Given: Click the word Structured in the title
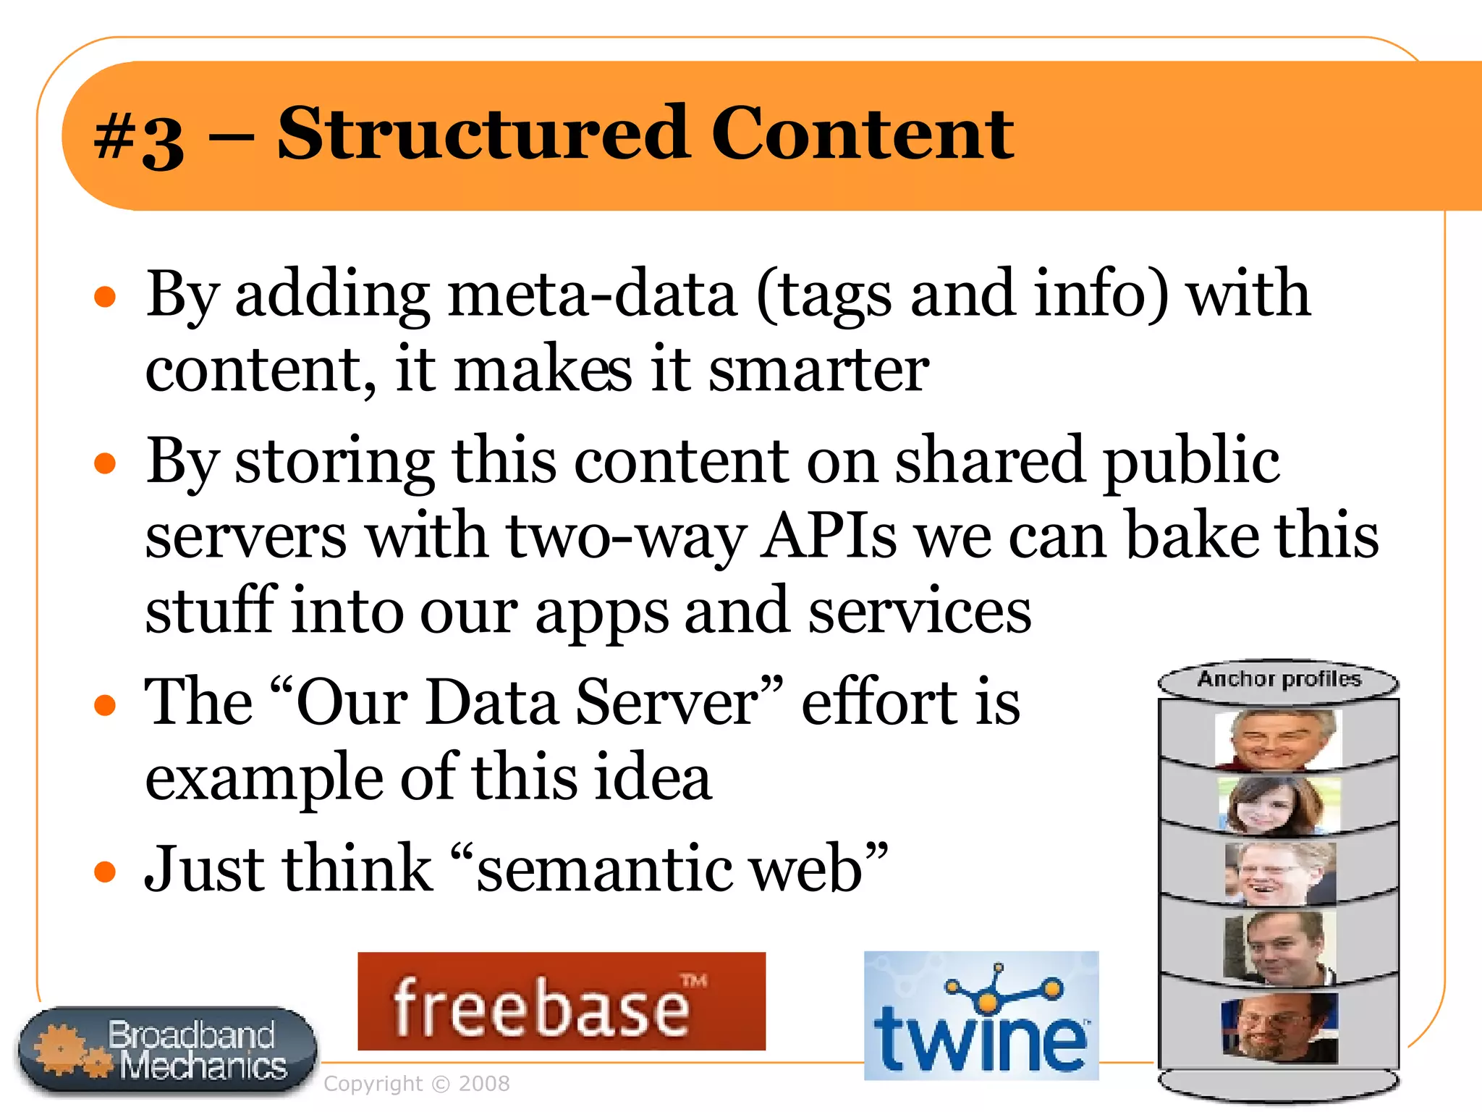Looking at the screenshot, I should tap(483, 134).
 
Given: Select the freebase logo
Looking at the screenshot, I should tap(562, 1001).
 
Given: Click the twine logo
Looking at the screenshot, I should tap(981, 1016).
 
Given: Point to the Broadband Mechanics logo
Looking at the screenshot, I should tap(168, 1050).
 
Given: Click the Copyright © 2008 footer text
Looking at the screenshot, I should tap(417, 1084).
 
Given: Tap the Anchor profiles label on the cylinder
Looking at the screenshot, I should tap(1279, 679).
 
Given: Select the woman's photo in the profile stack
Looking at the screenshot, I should tap(1279, 805).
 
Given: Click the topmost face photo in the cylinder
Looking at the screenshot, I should tap(1279, 738).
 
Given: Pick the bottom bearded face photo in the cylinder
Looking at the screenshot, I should tap(1279, 1027).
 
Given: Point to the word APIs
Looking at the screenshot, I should tap(829, 536).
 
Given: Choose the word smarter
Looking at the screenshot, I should tap(818, 370).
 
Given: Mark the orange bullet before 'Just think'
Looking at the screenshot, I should tap(106, 871).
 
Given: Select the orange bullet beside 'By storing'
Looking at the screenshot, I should tap(106, 463).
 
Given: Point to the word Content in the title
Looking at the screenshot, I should tap(863, 134).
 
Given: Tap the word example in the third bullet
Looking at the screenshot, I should tap(264, 779).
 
